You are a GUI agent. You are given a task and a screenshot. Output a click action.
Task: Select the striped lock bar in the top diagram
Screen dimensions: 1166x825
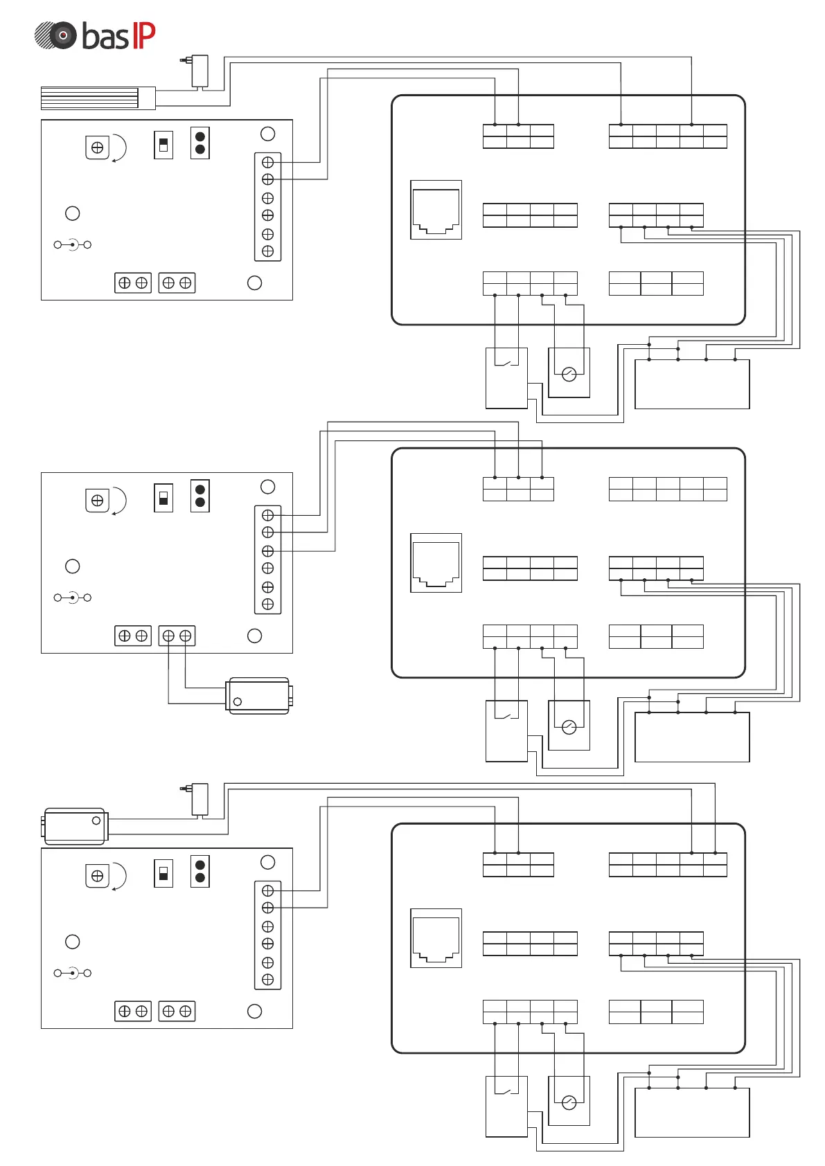[x=89, y=98]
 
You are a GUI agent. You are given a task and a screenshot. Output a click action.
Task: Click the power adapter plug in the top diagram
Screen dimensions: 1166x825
[x=198, y=71]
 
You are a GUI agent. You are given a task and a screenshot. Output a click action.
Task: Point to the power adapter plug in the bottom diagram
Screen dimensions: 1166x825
[x=198, y=798]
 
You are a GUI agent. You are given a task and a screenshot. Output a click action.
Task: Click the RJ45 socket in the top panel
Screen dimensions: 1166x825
[x=436, y=210]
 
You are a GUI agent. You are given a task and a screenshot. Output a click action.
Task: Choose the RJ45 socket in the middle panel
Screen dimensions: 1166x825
[x=436, y=563]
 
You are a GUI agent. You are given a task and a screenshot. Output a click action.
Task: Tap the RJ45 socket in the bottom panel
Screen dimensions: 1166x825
[x=436, y=938]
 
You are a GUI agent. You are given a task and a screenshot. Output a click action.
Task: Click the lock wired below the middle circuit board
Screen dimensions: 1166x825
[x=258, y=696]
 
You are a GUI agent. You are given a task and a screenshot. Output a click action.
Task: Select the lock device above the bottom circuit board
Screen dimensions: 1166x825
[x=75, y=826]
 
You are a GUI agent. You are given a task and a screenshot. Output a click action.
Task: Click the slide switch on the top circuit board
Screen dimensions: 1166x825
[x=163, y=145]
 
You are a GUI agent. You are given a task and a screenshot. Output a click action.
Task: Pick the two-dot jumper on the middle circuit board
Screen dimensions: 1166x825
[x=200, y=496]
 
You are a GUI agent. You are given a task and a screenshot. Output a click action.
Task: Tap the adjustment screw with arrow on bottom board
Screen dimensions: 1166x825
[x=98, y=876]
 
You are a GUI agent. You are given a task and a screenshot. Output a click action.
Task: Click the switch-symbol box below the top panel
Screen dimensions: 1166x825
[x=506, y=378]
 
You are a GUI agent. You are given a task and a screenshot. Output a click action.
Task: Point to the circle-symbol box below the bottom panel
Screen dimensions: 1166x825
[x=569, y=1100]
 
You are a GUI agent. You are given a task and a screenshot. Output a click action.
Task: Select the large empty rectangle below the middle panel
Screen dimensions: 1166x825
[x=692, y=737]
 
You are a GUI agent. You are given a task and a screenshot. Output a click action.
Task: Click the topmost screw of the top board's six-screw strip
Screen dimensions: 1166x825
[x=268, y=163]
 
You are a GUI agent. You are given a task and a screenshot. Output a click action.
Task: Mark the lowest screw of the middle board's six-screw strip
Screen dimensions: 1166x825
[x=268, y=604]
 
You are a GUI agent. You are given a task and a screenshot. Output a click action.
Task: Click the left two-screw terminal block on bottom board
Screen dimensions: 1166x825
[x=133, y=1012]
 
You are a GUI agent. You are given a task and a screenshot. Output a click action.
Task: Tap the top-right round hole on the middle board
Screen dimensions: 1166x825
[x=268, y=487]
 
